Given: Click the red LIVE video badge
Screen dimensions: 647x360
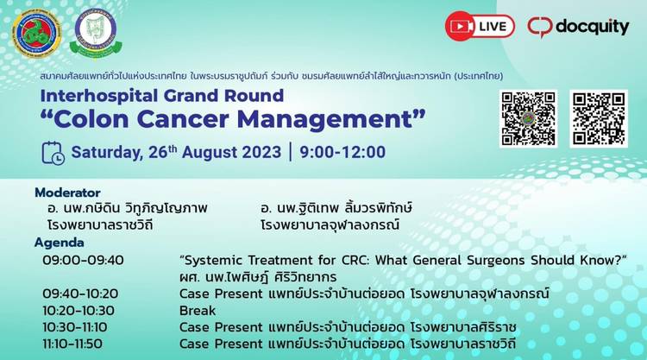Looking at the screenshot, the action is (480, 26).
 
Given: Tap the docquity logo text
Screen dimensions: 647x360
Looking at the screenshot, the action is (592, 28).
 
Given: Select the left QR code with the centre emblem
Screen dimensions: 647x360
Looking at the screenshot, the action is (528, 118).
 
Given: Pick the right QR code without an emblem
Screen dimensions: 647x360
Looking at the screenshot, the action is (599, 118).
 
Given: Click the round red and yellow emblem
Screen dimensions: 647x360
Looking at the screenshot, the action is (36, 34).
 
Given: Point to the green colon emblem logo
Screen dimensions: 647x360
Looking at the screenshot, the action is (96, 34).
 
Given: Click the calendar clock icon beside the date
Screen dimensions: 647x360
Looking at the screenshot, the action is (53, 153).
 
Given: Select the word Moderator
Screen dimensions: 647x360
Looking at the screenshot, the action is (67, 193).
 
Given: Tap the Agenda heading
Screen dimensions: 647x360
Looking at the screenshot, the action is (60, 243).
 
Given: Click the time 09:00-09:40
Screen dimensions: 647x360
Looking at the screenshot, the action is (83, 261).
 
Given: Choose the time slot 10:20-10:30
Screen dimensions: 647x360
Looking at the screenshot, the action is (79, 311).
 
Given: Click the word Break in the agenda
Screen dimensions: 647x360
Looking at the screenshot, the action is (198, 311).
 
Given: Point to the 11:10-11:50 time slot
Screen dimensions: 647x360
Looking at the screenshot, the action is (72, 344).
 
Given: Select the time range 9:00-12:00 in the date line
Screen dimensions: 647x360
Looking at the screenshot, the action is (342, 152).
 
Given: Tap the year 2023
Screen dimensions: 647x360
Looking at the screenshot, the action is (261, 152).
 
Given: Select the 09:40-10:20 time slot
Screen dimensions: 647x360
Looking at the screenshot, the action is (80, 294).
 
